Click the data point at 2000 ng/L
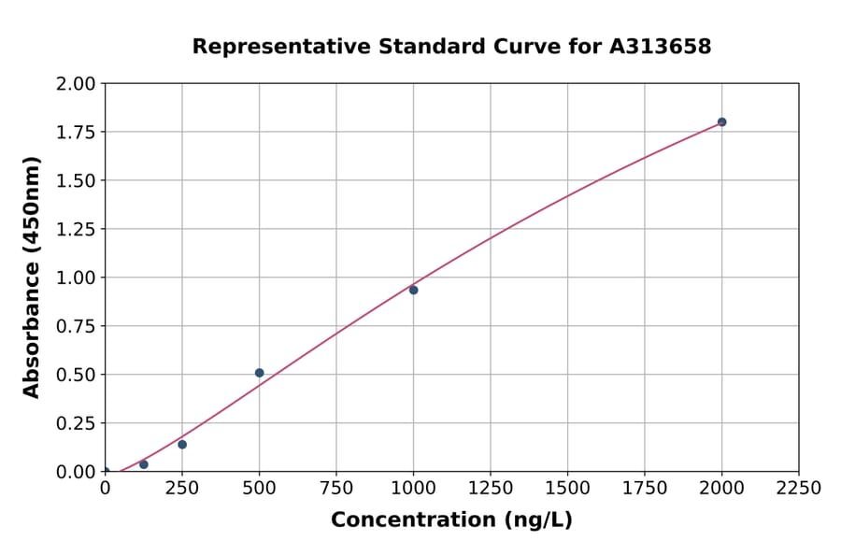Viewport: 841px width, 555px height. coord(721,122)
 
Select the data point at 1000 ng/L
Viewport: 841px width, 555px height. coord(413,290)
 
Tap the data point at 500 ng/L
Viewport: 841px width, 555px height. coord(259,373)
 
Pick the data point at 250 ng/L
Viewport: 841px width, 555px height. coord(182,445)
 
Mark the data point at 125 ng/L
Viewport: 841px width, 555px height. coord(143,464)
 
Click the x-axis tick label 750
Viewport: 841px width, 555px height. coord(336,489)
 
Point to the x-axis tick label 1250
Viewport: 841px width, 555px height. coord(491,489)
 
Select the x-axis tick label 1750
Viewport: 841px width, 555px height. coord(645,489)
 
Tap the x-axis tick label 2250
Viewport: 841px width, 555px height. coord(799,489)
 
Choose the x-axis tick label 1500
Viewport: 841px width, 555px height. coord(567,489)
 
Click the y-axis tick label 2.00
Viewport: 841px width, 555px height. coord(76,84)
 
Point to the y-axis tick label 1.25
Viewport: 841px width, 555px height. coord(76,230)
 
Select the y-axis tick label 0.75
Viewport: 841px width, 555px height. coord(76,327)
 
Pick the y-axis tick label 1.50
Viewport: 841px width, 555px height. coord(76,181)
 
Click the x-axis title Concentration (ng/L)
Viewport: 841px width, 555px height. coord(451,520)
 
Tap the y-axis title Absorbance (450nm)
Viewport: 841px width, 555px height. coord(32,277)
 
